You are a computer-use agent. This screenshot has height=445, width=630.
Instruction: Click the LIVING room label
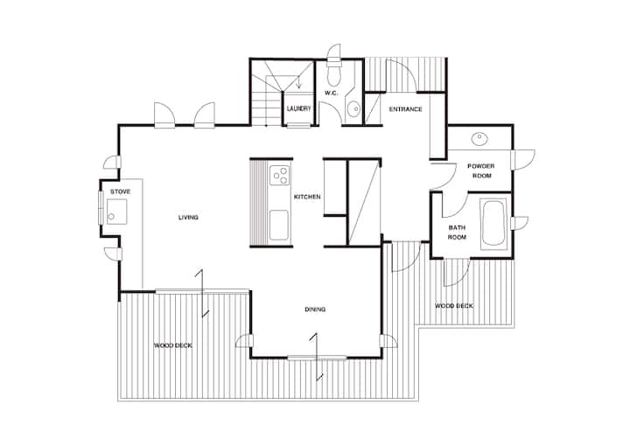(x=188, y=218)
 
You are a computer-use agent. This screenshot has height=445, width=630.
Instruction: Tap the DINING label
(x=315, y=309)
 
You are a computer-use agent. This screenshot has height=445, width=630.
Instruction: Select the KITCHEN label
(x=307, y=197)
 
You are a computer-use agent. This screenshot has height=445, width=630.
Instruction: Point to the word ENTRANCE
(x=405, y=108)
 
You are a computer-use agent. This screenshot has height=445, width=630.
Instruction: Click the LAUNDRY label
(x=299, y=108)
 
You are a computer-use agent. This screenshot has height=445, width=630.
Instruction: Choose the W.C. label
(x=331, y=94)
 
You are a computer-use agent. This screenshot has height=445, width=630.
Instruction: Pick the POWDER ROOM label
(x=481, y=170)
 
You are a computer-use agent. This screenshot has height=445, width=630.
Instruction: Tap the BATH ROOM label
(x=458, y=233)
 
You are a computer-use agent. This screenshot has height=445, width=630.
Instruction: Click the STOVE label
(x=121, y=191)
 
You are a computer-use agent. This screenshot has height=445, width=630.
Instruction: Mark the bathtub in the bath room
(x=493, y=223)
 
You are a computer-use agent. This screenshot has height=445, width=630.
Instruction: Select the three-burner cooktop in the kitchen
(x=280, y=175)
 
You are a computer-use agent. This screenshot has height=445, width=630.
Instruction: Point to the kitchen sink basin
(x=279, y=225)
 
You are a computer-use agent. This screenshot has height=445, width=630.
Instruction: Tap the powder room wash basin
(x=479, y=139)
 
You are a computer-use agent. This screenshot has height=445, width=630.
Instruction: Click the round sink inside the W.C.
(x=353, y=109)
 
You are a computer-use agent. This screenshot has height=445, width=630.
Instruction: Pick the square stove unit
(x=117, y=212)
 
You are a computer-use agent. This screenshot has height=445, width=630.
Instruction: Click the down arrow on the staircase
(x=298, y=82)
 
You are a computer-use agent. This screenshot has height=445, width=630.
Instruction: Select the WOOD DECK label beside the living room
(x=173, y=345)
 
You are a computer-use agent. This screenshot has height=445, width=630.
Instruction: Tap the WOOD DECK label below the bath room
(x=454, y=306)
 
